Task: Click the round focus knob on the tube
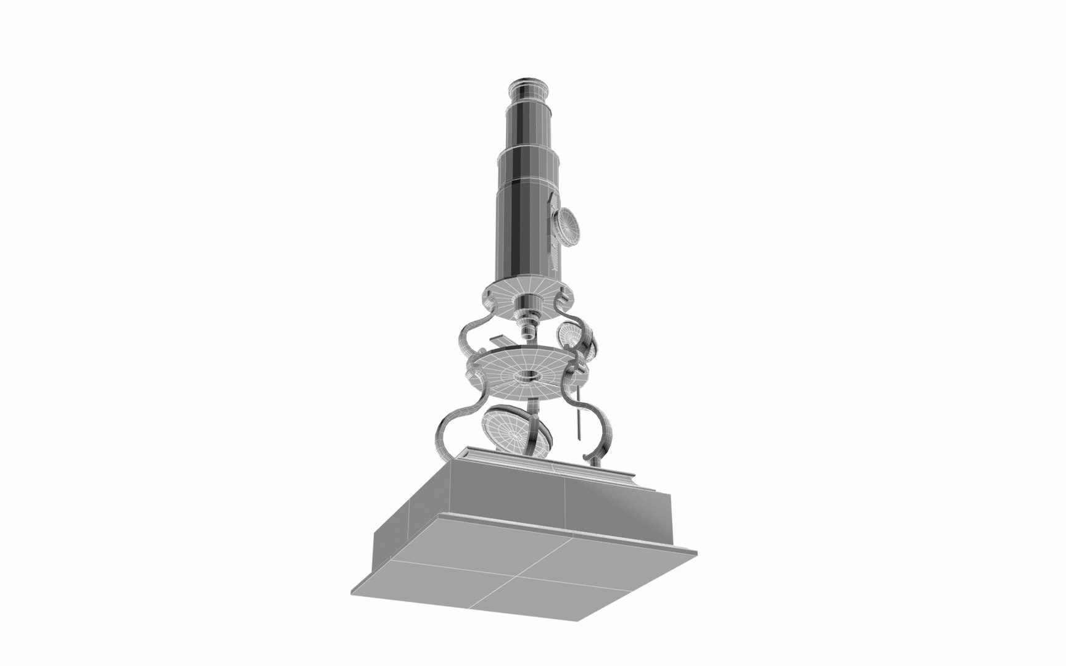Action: [x=568, y=226]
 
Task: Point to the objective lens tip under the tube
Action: [x=529, y=334]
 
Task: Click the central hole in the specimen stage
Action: [x=525, y=376]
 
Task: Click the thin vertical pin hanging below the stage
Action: [x=579, y=413]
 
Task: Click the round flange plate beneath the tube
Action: [x=529, y=294]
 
